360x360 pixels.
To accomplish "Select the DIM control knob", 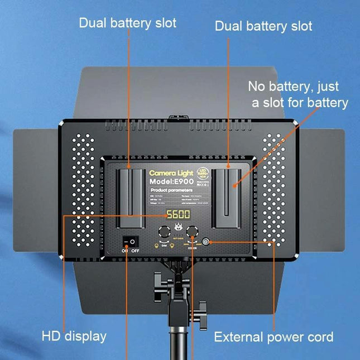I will point(165,232).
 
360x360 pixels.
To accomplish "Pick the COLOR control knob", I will point(193,232).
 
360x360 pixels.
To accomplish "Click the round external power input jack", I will point(207,242).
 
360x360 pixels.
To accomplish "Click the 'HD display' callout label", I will point(74,336).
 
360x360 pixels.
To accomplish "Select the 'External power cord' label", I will point(273,337).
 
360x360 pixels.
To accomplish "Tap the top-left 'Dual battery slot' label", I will point(127,23).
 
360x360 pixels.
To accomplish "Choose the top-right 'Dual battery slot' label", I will point(263,26).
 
